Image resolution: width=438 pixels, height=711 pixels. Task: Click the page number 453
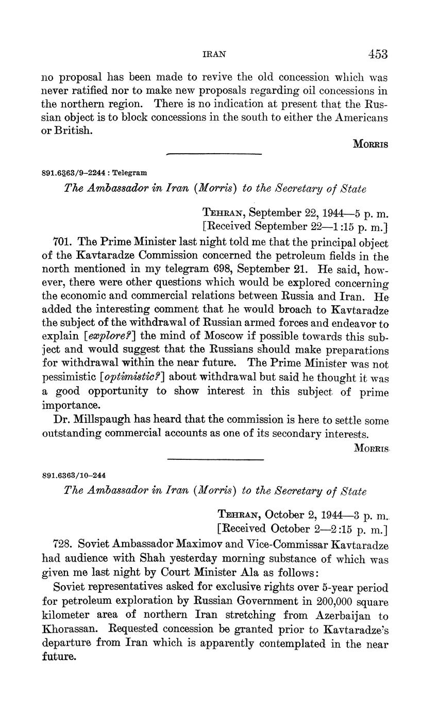[378, 54]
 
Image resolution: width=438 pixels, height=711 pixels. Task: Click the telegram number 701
[62, 242]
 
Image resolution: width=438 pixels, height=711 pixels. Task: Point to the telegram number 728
[62, 545]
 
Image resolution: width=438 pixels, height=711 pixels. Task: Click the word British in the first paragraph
[74, 131]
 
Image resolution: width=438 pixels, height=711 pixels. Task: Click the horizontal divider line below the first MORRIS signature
[214, 154]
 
